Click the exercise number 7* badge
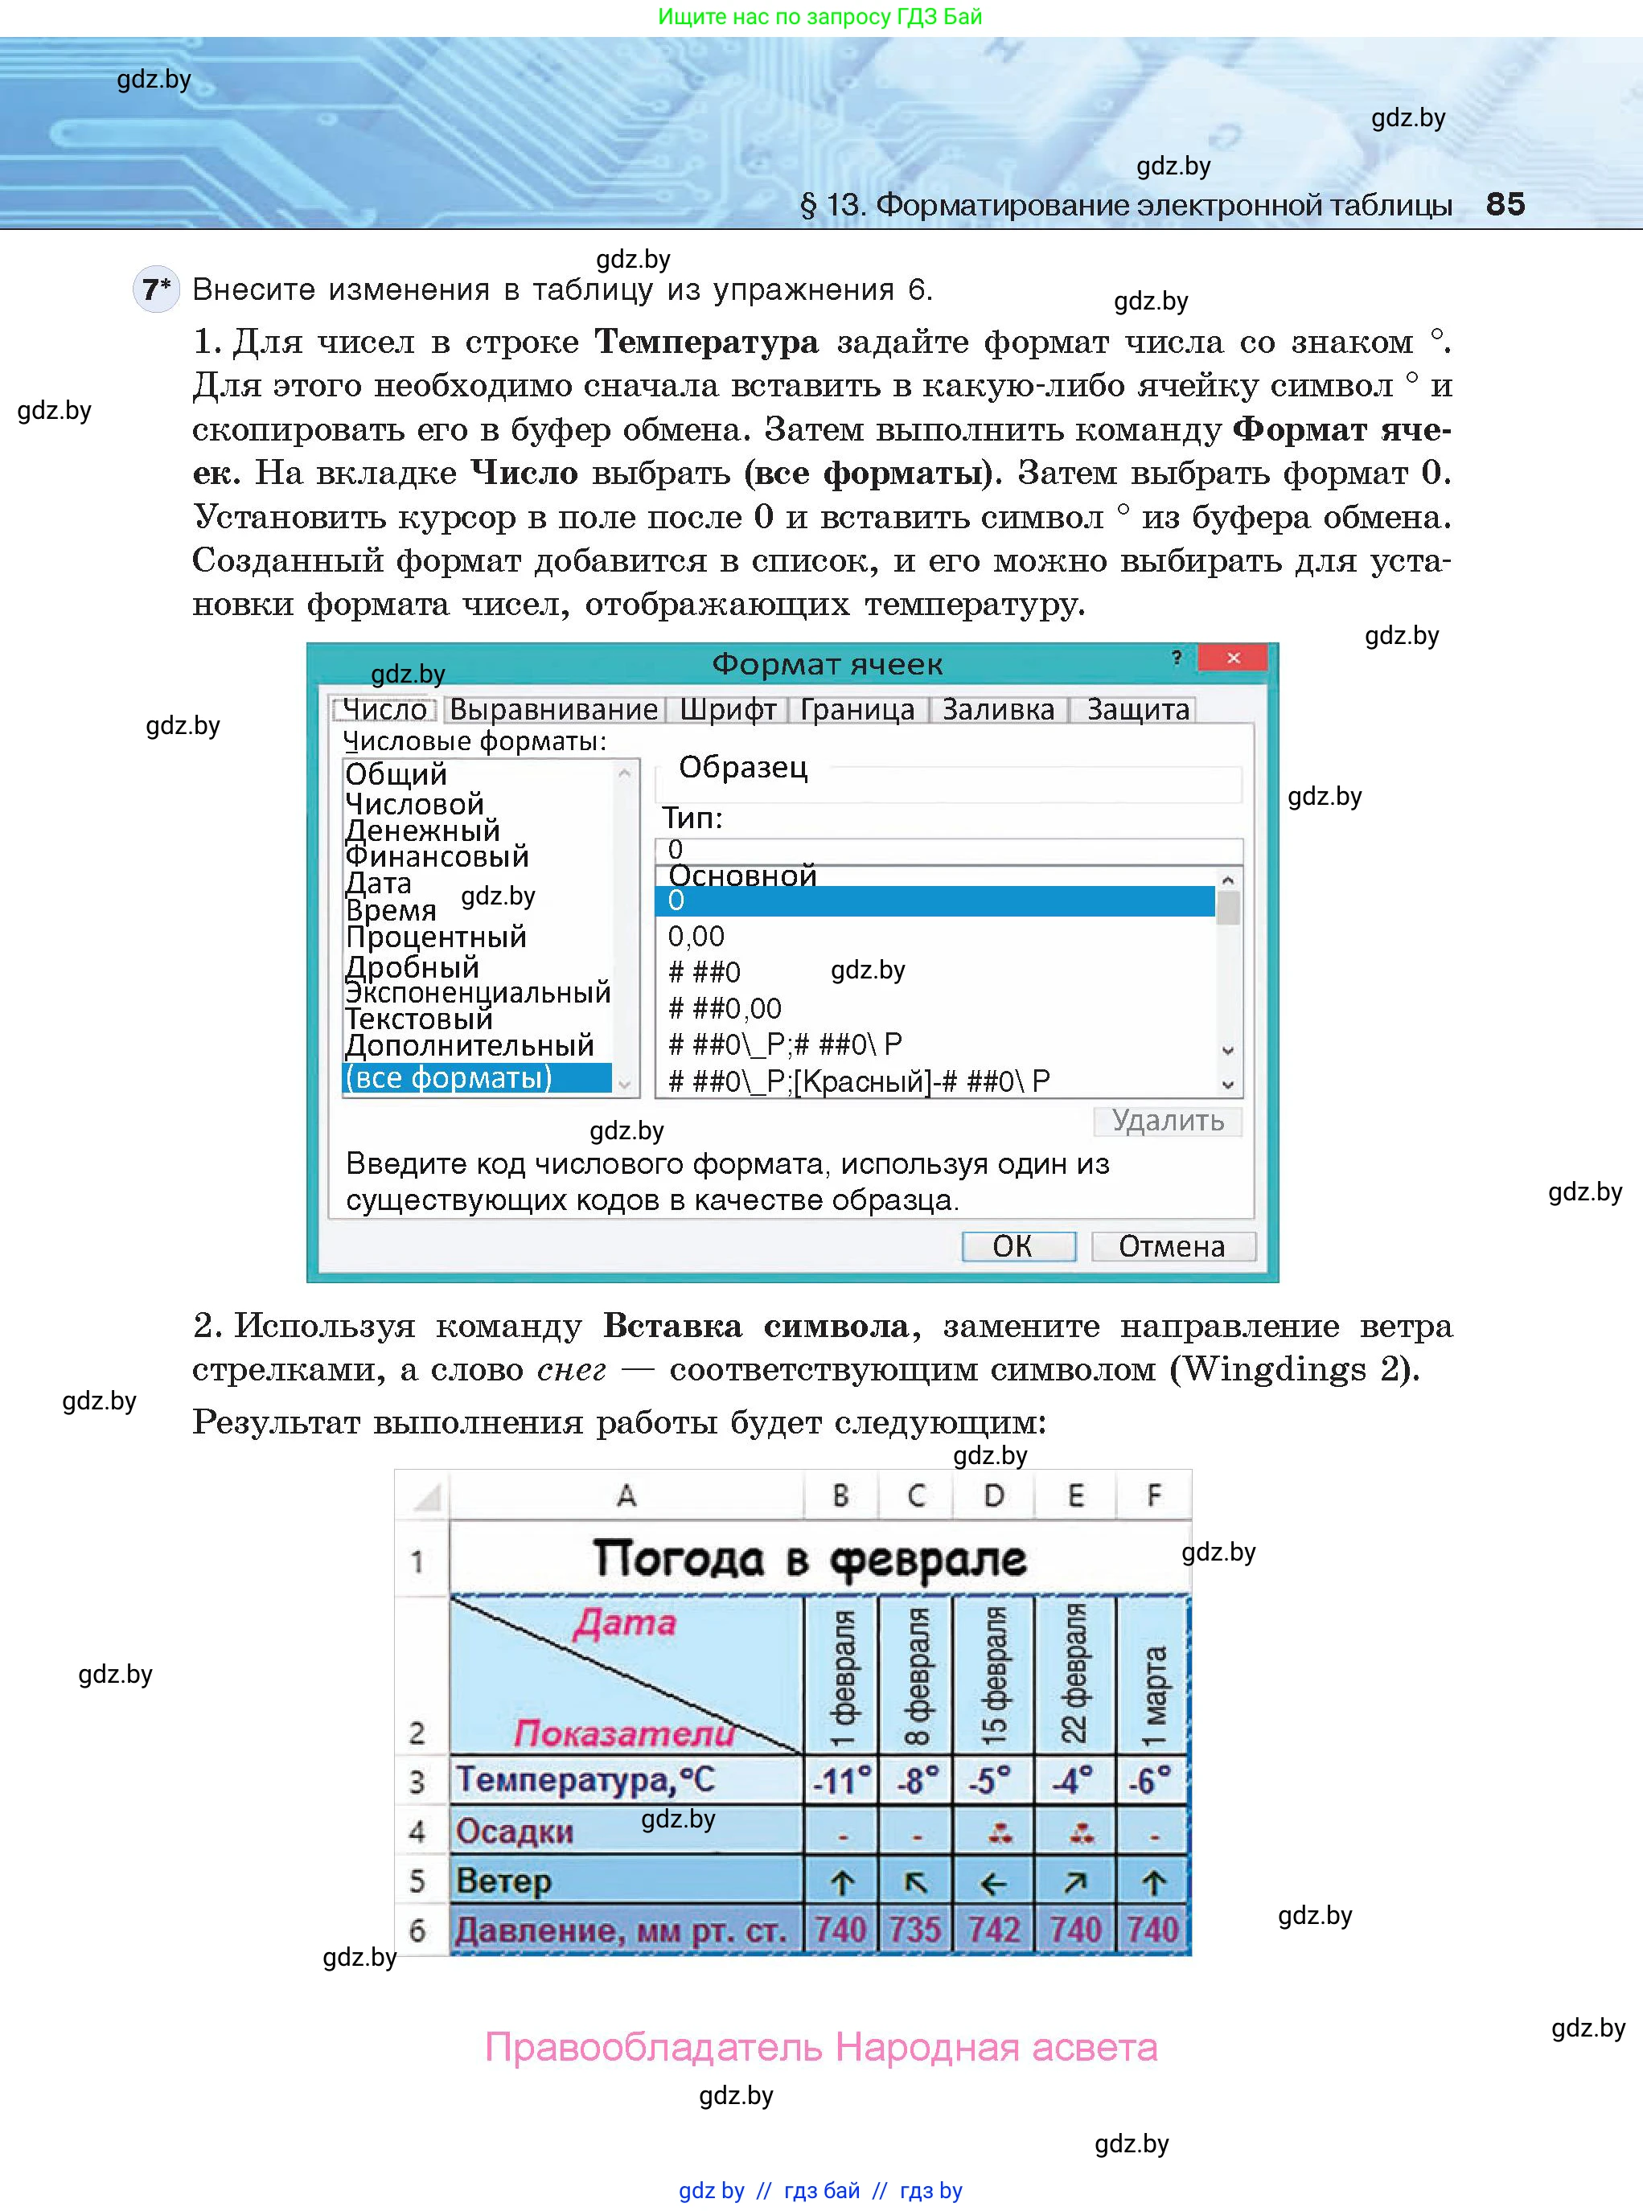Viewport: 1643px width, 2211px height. tap(156, 290)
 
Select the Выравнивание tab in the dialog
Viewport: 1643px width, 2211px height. tap(553, 709)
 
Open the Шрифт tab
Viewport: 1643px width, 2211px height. tap(727, 709)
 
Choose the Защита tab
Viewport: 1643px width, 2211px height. tap(1137, 709)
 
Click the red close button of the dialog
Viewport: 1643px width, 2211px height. tap(1232, 658)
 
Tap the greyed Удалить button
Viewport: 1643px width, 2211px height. tap(1167, 1121)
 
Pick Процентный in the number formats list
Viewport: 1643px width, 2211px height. tap(436, 937)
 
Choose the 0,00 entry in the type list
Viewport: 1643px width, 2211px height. tap(696, 936)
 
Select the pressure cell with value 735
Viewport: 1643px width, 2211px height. tap(915, 1930)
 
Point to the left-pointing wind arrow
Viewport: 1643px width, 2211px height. tap(993, 1882)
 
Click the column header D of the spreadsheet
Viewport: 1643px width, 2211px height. tap(993, 1496)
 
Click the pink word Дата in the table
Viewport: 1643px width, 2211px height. tap(625, 1623)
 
